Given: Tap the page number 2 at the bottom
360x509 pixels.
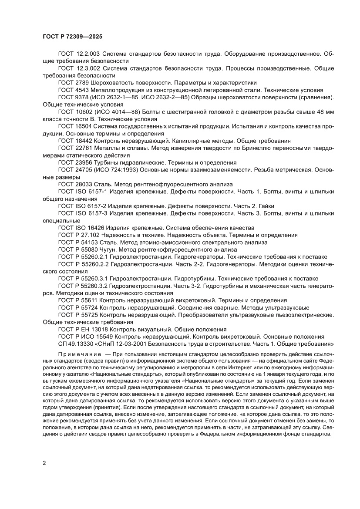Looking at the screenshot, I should (x=45, y=463).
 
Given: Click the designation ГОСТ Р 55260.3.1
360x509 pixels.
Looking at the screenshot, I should (x=84, y=278).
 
